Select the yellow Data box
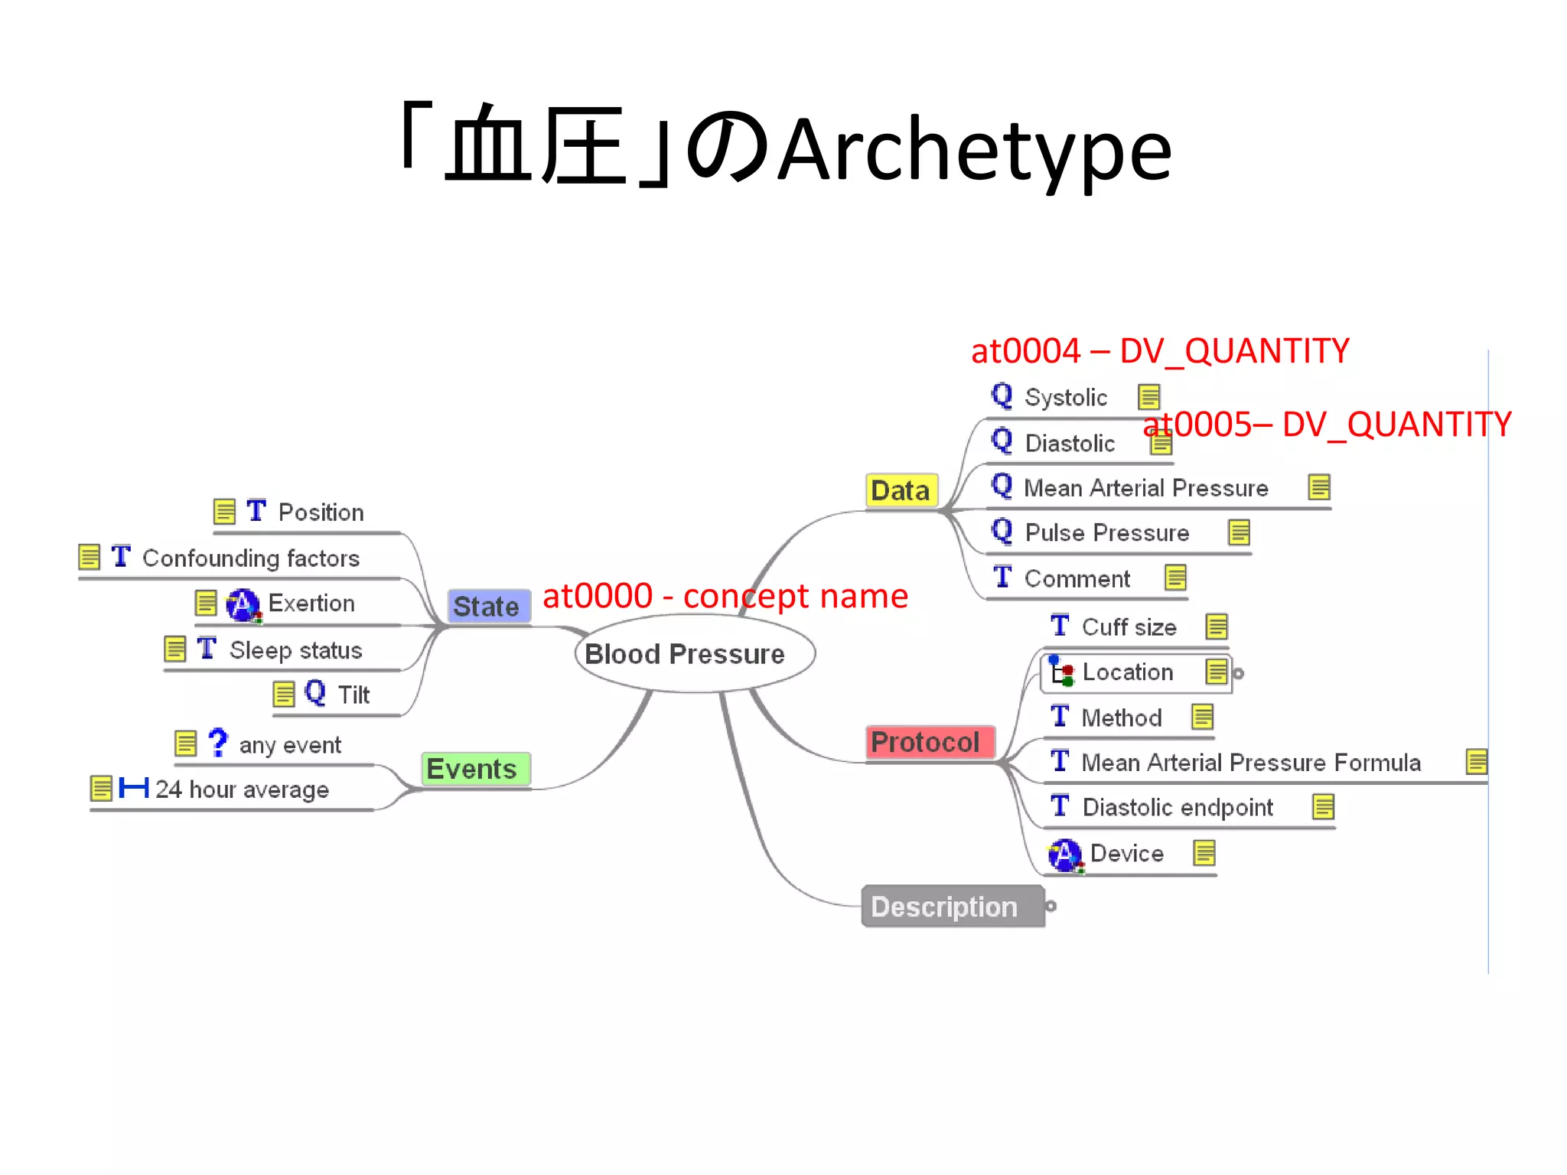pos(901,490)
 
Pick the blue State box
pos(488,607)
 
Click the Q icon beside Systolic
pos(1002,395)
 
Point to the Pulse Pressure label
pos(1106,533)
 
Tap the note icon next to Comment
pos(1175,578)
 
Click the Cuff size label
pos(1129,627)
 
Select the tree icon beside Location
pos(1061,672)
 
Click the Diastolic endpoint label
pos(1177,808)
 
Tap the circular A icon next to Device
pos(1065,854)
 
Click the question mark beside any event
pos(218,743)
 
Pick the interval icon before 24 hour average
pos(134,788)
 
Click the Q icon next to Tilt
pos(315,693)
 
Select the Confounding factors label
pos(250,558)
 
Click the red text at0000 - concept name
pos(725,596)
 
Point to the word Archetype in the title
pos(975,151)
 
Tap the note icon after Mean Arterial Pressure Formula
pos(1476,762)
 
